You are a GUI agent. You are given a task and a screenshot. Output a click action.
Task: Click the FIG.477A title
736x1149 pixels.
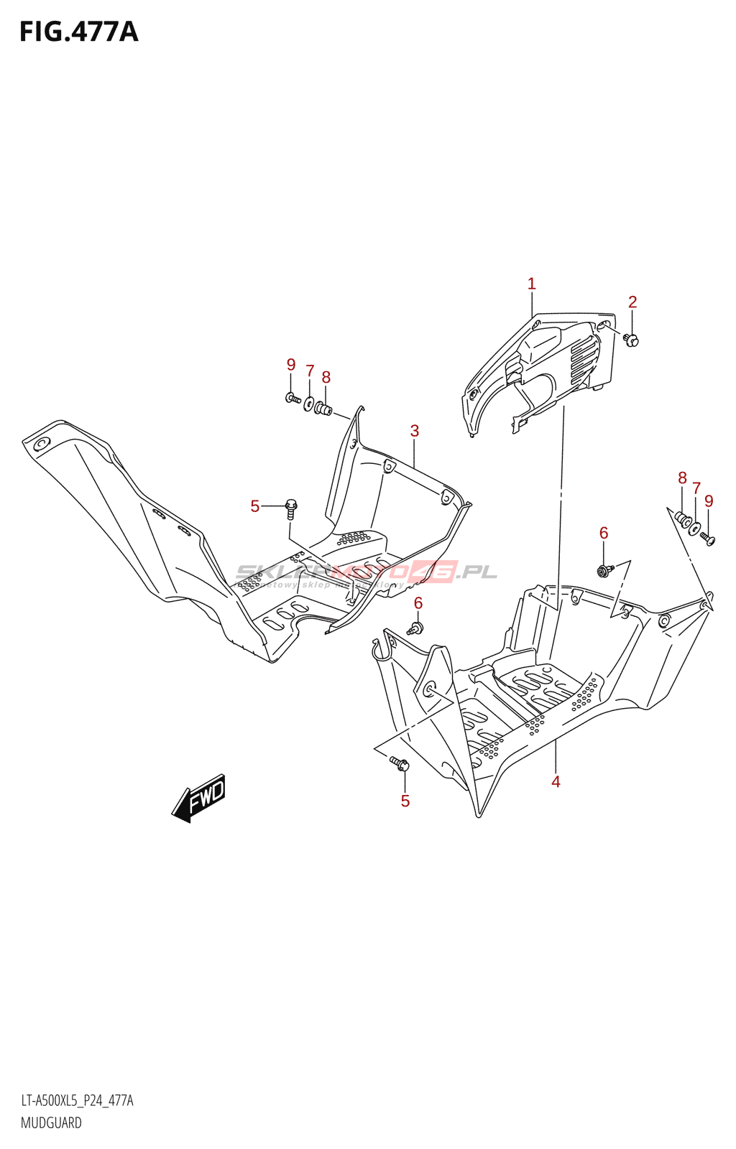[78, 32]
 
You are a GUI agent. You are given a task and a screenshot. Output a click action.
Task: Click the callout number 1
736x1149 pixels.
[531, 284]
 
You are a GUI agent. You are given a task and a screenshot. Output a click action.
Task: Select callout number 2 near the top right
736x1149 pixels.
[632, 302]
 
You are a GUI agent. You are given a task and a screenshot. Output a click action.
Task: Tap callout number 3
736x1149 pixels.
[415, 431]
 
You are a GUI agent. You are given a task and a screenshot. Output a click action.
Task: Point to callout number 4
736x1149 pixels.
[556, 781]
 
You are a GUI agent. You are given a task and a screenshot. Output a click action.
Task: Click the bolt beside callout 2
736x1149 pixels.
[631, 340]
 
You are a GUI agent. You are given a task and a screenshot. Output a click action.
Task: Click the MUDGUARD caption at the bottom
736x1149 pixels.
[51, 1122]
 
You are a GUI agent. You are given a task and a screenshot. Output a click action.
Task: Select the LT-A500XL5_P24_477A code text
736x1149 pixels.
[77, 1101]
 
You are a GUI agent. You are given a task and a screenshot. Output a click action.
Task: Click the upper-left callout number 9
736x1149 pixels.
[291, 365]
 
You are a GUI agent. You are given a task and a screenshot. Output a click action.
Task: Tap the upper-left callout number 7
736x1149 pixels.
[310, 371]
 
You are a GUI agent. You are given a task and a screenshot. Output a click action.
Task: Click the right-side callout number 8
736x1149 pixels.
[682, 478]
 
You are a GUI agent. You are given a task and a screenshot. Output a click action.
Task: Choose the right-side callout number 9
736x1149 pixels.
[709, 501]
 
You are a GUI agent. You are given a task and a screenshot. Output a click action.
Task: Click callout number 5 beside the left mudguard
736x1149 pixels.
[255, 506]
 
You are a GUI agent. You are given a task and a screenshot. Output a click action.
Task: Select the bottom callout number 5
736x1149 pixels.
[405, 801]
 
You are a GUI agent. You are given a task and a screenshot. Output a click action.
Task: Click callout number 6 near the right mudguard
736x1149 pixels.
[604, 533]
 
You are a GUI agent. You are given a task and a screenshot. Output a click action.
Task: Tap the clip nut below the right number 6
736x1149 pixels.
[604, 571]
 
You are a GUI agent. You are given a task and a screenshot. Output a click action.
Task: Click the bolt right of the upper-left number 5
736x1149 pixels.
[291, 508]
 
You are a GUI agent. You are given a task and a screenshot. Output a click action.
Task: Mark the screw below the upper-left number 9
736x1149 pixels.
[293, 397]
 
